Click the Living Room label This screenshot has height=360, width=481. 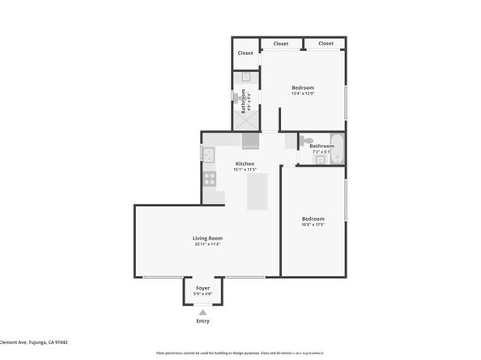pos(207,238)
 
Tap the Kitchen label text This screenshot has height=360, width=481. pos(244,164)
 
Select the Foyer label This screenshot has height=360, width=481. pos(202,288)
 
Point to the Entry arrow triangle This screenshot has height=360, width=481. pos(202,311)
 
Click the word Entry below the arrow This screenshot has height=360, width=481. pos(202,321)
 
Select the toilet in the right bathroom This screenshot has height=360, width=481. pos(305,141)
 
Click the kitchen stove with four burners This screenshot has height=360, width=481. pos(210,179)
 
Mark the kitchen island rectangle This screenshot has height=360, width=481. pos(258,191)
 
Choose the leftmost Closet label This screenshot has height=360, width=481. pos(245,53)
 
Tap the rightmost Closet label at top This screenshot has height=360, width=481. pos(326,44)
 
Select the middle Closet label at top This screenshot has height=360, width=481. pos(281,44)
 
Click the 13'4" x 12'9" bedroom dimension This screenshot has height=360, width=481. pos(303,94)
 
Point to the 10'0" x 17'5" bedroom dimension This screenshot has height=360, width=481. pos(313,225)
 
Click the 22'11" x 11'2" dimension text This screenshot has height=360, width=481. pos(207,244)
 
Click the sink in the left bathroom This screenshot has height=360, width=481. pos(245,78)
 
